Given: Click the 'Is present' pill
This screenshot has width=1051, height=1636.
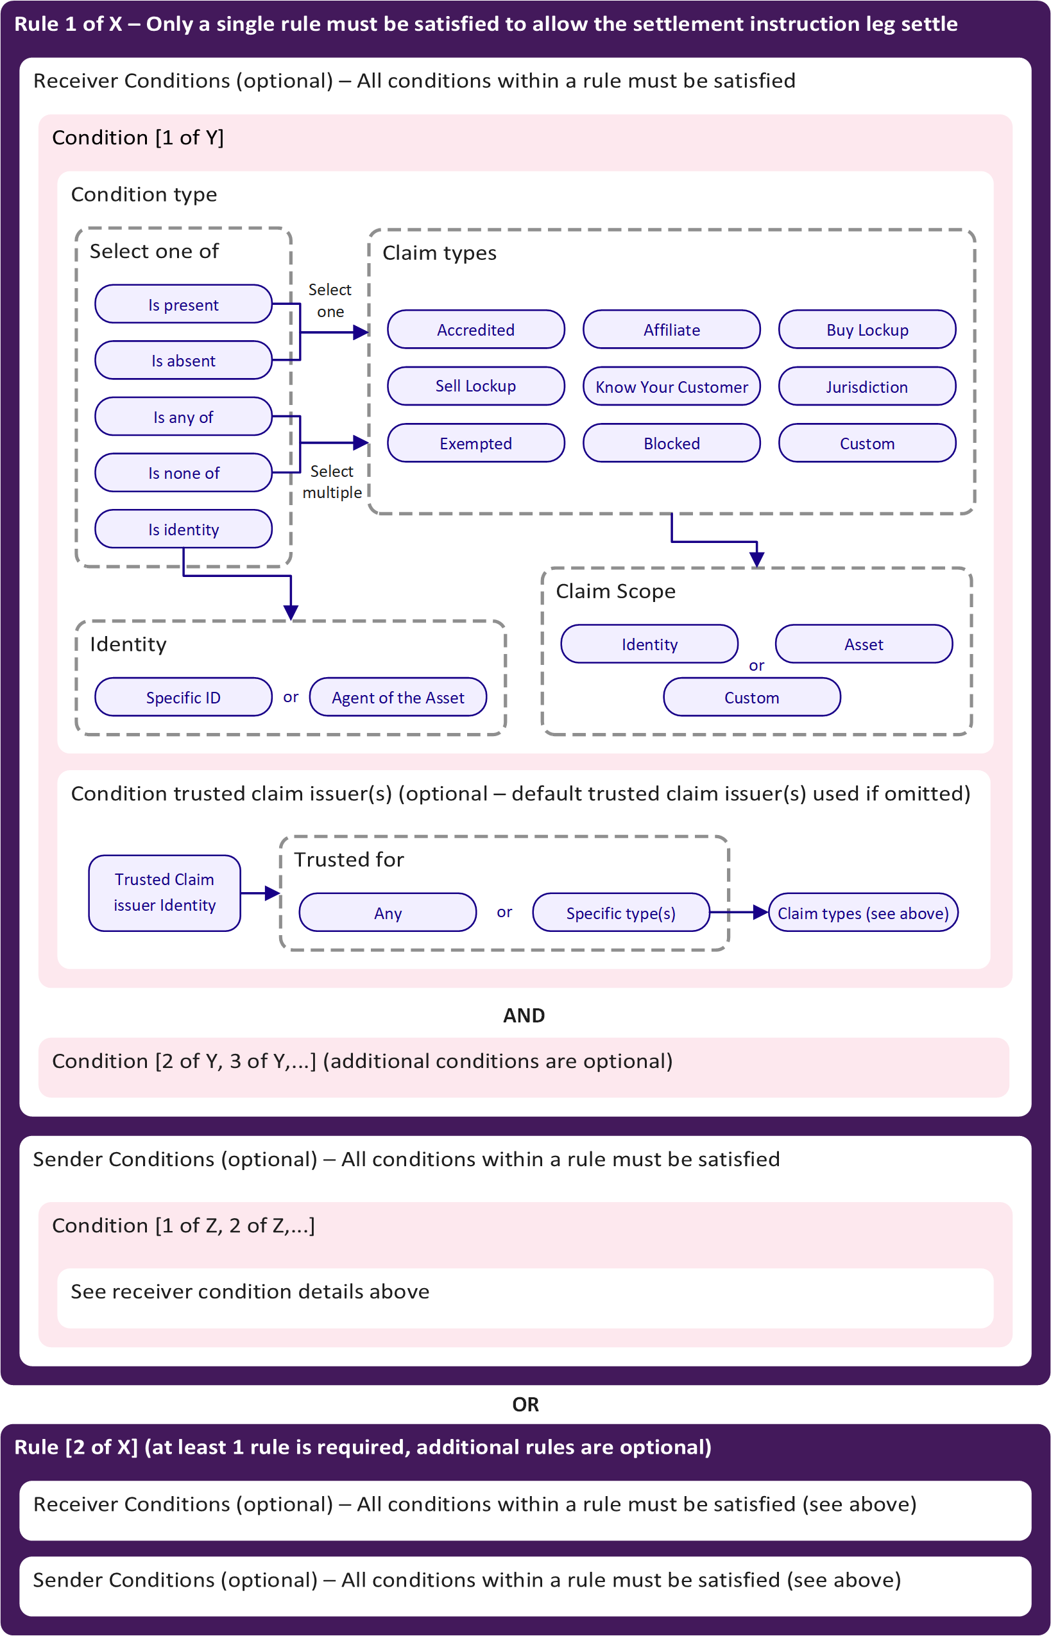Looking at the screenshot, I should point(183,304).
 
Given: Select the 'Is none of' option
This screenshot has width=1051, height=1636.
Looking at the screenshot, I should point(183,473).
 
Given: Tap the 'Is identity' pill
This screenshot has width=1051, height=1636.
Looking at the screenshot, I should point(183,530).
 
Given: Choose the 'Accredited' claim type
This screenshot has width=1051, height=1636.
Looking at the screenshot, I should point(475,330).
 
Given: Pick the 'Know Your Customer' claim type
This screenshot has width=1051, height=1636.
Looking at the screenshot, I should point(672,387).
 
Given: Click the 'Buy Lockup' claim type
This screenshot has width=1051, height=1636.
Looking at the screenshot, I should point(867,330).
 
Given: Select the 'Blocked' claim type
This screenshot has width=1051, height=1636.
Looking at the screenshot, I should point(672,443).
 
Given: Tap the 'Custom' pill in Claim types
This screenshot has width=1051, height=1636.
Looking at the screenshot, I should point(867,443).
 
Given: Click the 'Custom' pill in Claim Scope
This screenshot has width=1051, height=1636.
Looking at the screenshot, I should point(751,698).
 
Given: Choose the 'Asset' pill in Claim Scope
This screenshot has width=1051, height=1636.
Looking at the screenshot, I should point(864,644).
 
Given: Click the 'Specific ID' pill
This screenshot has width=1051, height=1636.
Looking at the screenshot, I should point(183,698).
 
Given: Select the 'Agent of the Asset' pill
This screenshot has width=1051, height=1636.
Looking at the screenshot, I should point(398,698).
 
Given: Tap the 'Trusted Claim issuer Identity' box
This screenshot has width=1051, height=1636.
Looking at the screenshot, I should point(164,893).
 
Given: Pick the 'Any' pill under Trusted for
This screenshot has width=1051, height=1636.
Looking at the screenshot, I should point(388,913).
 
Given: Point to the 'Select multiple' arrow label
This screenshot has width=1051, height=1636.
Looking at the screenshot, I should point(332,482).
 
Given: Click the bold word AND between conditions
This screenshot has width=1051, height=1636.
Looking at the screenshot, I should point(524,1015).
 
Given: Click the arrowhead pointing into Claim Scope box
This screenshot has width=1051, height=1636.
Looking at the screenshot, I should point(756,560).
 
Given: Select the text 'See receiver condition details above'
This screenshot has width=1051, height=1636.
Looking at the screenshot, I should point(250,1291).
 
